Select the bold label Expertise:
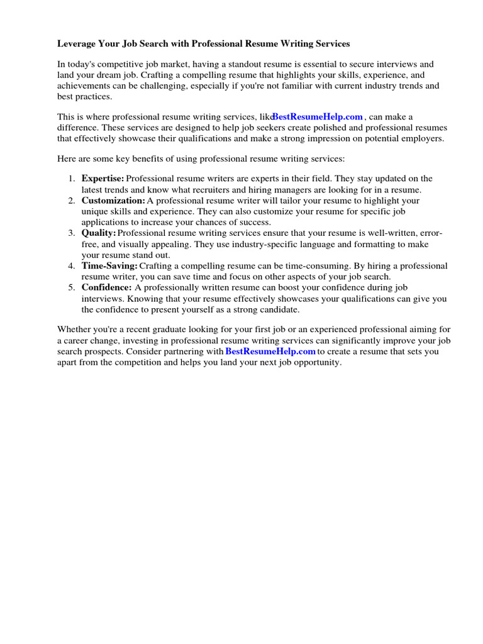click(x=103, y=179)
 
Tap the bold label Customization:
click(x=113, y=200)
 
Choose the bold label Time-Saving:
click(x=109, y=266)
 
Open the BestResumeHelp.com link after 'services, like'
click(x=318, y=116)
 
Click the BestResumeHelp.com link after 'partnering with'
click(x=270, y=352)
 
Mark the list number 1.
click(x=72, y=179)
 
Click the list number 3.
click(x=72, y=233)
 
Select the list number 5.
click(x=72, y=287)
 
